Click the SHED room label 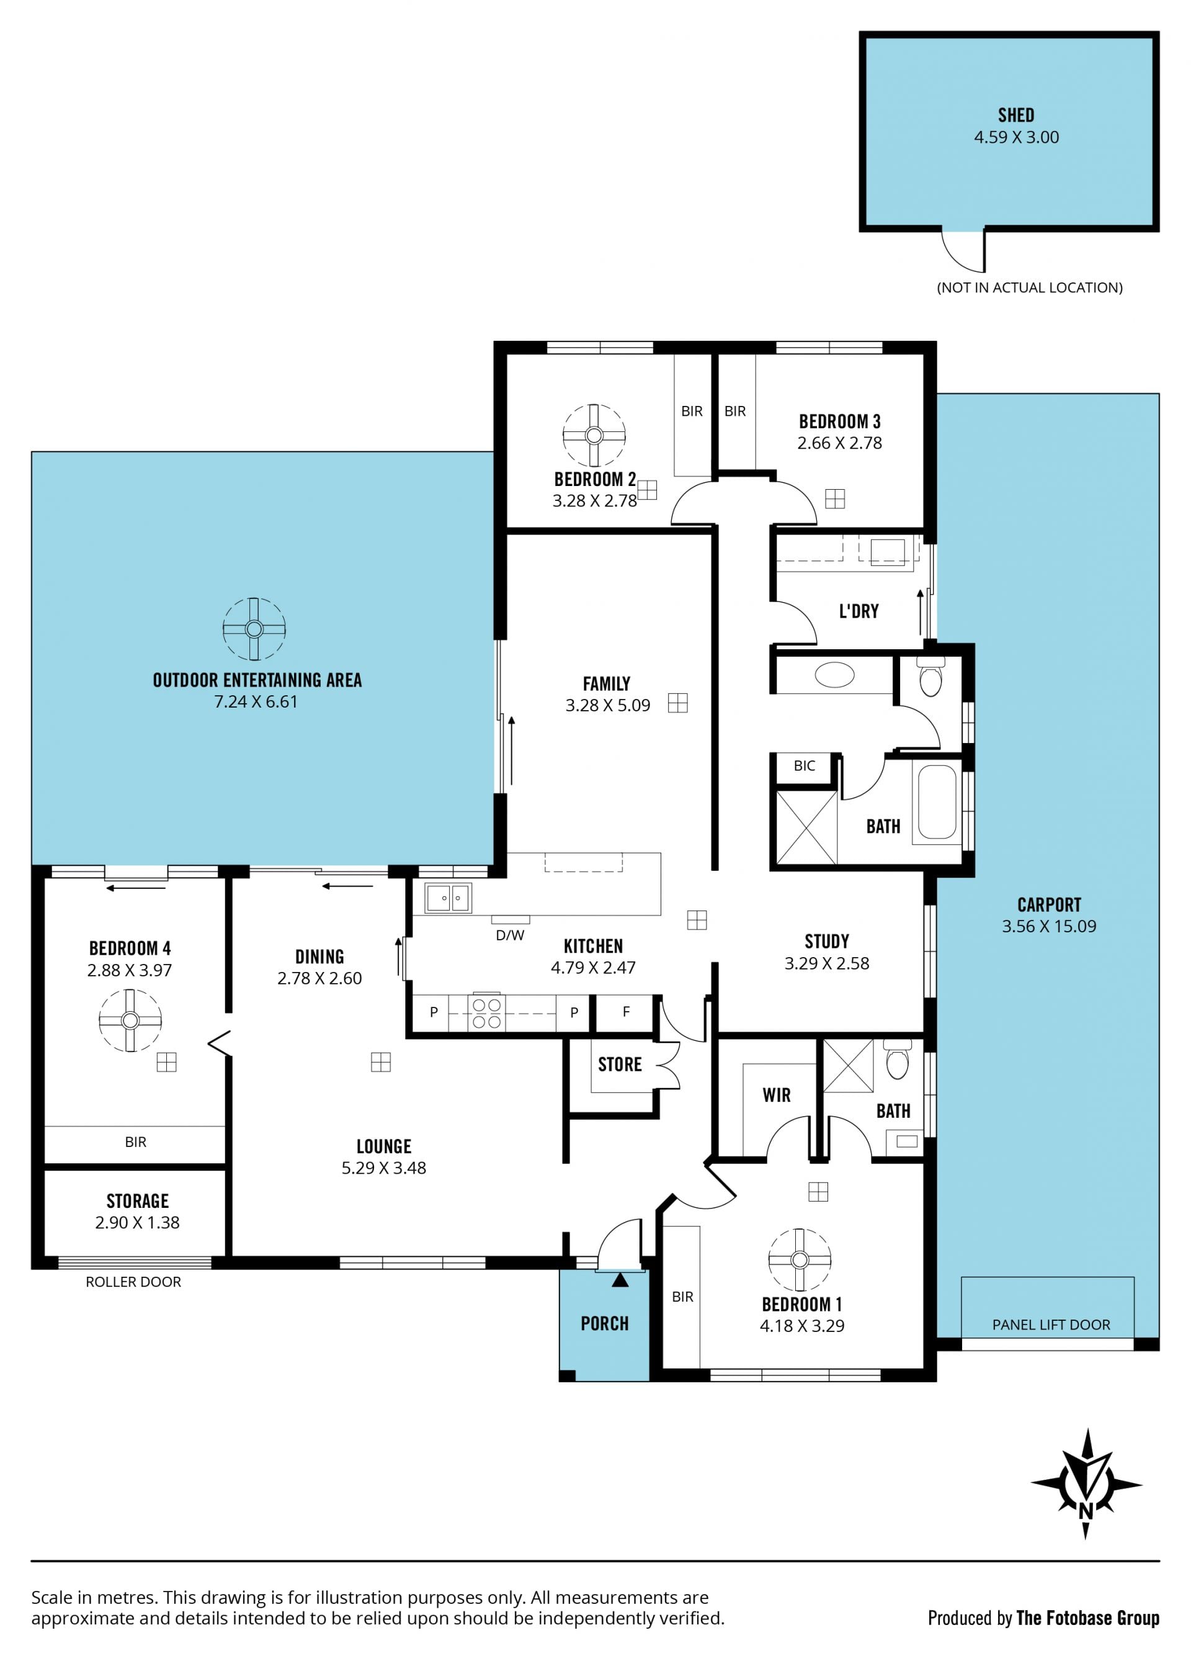click(1016, 115)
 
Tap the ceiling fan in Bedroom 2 click(594, 435)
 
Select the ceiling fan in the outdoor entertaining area click(254, 628)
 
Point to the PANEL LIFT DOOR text click(1051, 1324)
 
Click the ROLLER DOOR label click(133, 1282)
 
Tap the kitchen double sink click(448, 898)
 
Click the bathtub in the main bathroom click(937, 801)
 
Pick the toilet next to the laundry click(930, 677)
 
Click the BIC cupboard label click(805, 765)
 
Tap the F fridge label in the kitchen click(626, 1011)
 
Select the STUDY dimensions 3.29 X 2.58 click(827, 963)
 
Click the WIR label click(777, 1095)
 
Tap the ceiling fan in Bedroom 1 click(800, 1259)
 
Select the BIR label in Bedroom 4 click(135, 1141)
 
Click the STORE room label click(620, 1064)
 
